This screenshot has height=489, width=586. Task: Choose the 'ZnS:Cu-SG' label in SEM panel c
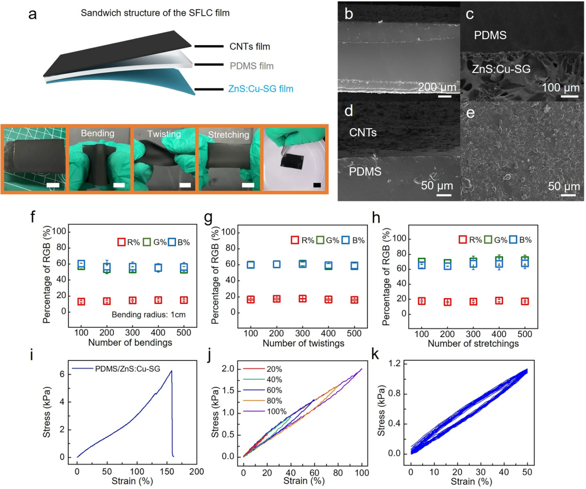(x=501, y=68)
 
